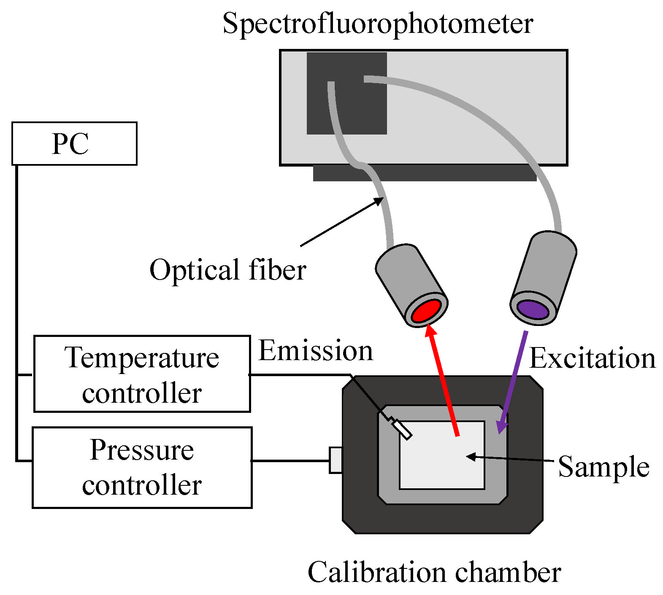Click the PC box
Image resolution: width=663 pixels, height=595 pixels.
click(x=74, y=143)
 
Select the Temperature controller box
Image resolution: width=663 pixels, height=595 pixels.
click(x=142, y=374)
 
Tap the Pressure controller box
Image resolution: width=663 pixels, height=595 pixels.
click(x=142, y=467)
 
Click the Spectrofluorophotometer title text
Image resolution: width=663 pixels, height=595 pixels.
click(x=378, y=24)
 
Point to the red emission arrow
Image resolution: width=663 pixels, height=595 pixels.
click(x=443, y=380)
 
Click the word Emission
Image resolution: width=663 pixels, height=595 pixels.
click(x=316, y=351)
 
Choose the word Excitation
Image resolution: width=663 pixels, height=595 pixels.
click(x=592, y=358)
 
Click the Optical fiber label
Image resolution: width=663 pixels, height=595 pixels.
click(x=228, y=270)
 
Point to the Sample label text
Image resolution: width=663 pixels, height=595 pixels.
click(x=603, y=467)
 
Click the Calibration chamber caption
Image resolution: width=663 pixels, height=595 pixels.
click(x=434, y=573)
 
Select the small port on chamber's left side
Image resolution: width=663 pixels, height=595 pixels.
click(x=336, y=460)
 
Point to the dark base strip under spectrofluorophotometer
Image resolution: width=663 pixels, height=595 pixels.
click(x=424, y=173)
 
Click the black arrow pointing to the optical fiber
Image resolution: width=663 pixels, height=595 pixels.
click(x=342, y=222)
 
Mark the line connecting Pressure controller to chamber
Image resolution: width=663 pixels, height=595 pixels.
click(x=290, y=460)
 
